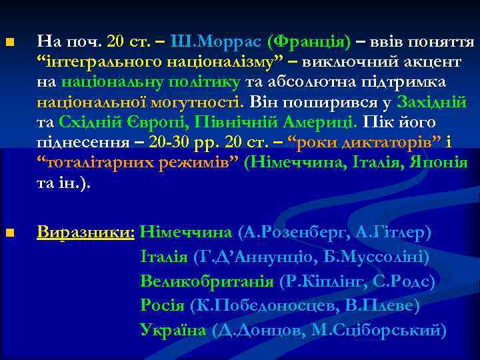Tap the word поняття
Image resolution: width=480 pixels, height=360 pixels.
pos(444,43)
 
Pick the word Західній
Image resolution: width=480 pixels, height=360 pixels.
pos(432,103)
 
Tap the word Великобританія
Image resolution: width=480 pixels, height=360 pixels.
pos(207,281)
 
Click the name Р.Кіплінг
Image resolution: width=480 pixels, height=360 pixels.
pos(324,281)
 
